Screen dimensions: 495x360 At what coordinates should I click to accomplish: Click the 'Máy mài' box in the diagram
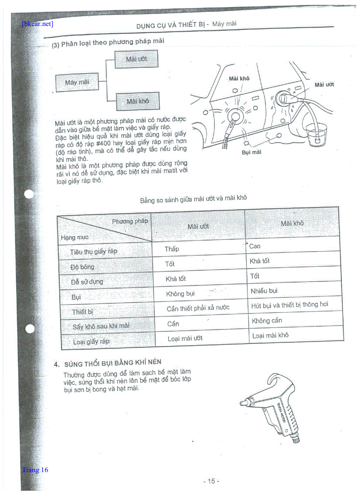point(77,82)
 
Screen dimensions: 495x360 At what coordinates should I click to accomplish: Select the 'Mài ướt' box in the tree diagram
point(136,59)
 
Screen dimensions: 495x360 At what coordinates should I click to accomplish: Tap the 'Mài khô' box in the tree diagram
point(138,101)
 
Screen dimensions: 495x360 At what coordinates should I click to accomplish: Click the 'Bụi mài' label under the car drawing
point(251,152)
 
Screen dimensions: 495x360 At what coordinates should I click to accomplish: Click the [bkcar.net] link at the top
point(37,24)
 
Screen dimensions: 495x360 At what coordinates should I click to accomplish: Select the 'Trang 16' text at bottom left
point(35,470)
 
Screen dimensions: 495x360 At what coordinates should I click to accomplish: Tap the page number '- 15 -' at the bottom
point(211,481)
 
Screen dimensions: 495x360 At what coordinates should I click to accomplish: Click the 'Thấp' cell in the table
point(172,249)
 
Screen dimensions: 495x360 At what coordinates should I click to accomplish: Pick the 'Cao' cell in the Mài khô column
point(255,246)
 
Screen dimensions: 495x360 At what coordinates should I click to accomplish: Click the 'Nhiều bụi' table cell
point(264,291)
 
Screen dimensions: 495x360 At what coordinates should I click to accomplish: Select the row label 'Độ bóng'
point(82,267)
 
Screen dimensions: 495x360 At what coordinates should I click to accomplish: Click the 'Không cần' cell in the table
point(267,320)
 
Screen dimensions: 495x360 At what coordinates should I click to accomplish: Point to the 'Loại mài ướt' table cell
point(185,339)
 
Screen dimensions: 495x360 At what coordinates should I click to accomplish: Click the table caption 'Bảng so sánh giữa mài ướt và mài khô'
point(193,199)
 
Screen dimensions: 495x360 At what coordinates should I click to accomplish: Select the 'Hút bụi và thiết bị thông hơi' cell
point(289,305)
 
